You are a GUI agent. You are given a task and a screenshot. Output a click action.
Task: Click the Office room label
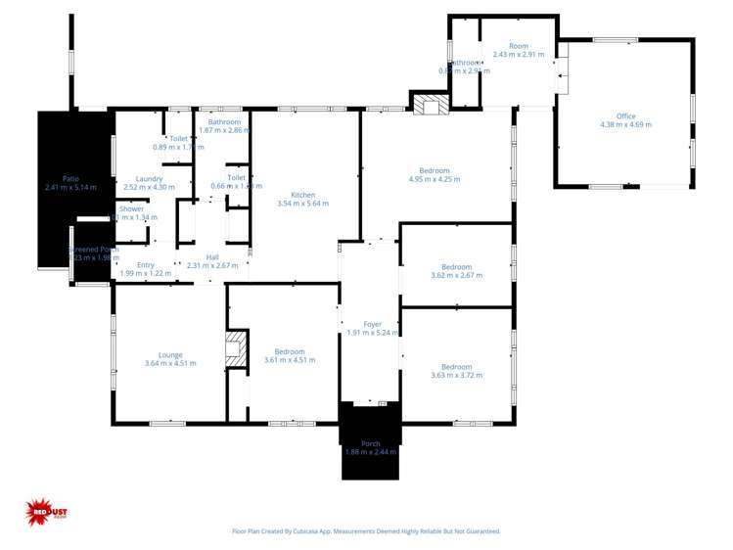click(625, 120)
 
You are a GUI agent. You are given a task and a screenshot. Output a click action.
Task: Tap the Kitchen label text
click(302, 199)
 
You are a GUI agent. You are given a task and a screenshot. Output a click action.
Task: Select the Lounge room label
click(170, 359)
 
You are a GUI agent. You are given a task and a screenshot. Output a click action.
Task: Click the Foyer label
click(372, 328)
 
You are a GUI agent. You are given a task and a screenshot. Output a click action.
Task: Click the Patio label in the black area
click(69, 182)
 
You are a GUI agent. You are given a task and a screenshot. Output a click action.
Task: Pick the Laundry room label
click(149, 182)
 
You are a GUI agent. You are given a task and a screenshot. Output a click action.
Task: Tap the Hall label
click(212, 261)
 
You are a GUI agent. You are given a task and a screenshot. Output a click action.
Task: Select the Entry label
click(146, 269)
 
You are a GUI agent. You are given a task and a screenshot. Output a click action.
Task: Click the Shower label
click(132, 212)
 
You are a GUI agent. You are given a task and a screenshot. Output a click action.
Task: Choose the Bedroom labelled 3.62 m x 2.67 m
click(456, 271)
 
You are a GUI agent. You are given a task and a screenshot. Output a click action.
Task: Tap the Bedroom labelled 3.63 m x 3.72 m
click(456, 370)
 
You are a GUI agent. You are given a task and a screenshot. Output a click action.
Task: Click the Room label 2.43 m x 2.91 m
click(518, 50)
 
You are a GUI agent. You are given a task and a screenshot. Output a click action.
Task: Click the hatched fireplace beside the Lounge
click(235, 349)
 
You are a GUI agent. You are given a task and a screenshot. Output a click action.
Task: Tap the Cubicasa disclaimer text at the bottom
click(366, 531)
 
